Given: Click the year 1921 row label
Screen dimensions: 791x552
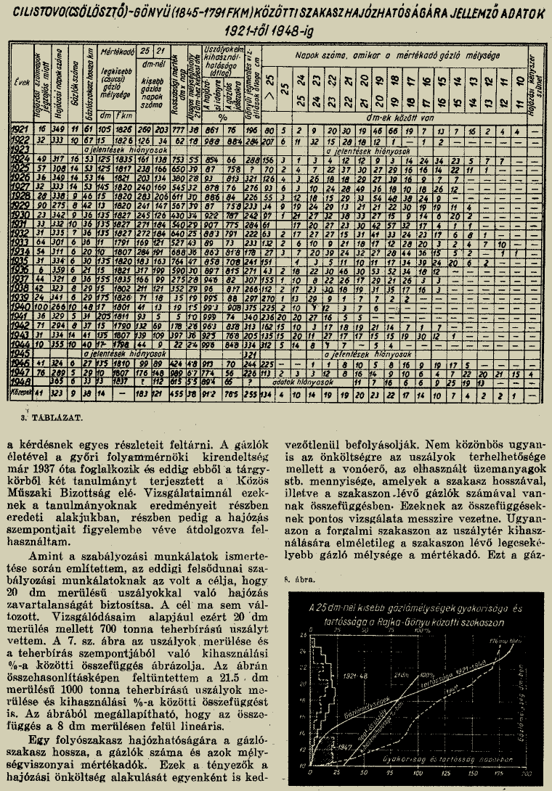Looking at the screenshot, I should [20, 128].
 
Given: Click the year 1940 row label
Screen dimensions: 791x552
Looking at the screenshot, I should [20, 306].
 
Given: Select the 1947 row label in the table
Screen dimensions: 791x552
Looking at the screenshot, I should [20, 371].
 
